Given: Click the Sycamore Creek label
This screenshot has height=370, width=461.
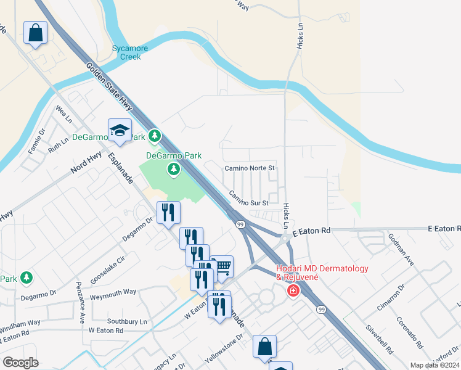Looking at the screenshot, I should click(126, 52).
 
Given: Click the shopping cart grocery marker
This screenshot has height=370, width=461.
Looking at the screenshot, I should click(222, 267).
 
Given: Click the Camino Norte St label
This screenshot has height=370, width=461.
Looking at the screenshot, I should click(249, 168).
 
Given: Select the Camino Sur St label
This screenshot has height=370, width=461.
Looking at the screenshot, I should click(249, 198).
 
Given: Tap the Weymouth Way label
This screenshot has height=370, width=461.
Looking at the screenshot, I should click(113, 292).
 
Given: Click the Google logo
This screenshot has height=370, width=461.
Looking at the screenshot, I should click(20, 363).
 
